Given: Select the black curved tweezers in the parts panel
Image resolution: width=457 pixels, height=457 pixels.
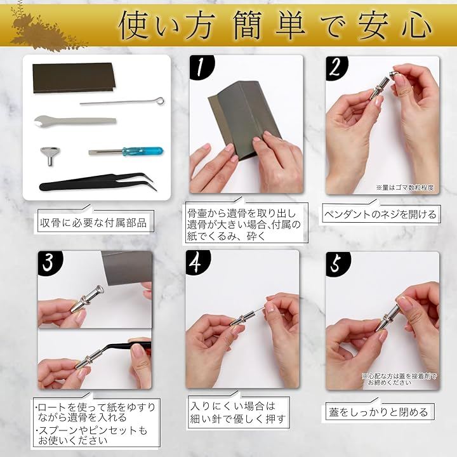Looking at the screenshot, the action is pos(98,182).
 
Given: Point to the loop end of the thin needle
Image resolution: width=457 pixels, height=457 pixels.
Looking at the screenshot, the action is pos(160,101).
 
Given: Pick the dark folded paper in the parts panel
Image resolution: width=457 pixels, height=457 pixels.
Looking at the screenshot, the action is pos(74,77).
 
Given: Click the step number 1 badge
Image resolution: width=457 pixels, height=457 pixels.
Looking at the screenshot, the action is pos(201,67).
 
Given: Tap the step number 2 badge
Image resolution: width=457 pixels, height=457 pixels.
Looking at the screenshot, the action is pos(336,67).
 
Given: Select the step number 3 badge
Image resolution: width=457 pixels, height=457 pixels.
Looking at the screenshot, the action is pos(50,262).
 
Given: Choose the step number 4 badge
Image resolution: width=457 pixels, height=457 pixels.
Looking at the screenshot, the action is pos(197,262).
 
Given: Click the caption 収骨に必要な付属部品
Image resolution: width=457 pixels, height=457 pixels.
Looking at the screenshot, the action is pos(93,223).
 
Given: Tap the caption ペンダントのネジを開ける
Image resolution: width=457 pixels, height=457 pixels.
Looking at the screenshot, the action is pos(380,215).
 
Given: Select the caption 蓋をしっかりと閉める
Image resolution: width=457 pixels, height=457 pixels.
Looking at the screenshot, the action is pos(378,412).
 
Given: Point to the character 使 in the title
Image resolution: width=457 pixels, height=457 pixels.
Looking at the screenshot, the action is pos(135,25).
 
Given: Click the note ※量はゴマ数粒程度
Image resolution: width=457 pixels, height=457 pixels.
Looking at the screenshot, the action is pos(404,188).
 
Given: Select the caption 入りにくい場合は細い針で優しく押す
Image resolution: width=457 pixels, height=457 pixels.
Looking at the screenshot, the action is pos(237,412).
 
